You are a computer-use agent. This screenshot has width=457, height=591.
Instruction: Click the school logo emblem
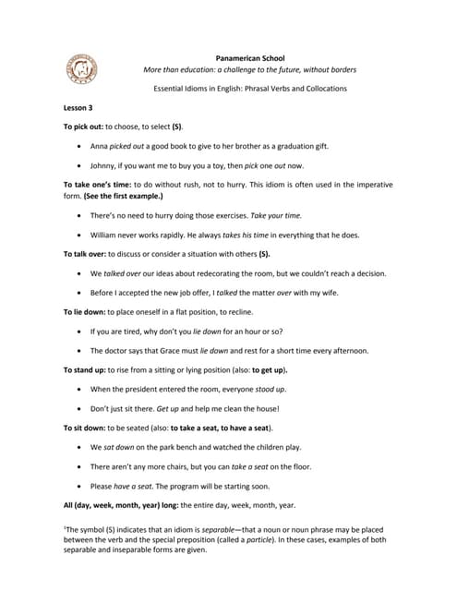pyautogui.click(x=80, y=68)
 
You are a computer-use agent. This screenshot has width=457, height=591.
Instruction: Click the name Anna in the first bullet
pyautogui.click(x=101, y=146)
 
